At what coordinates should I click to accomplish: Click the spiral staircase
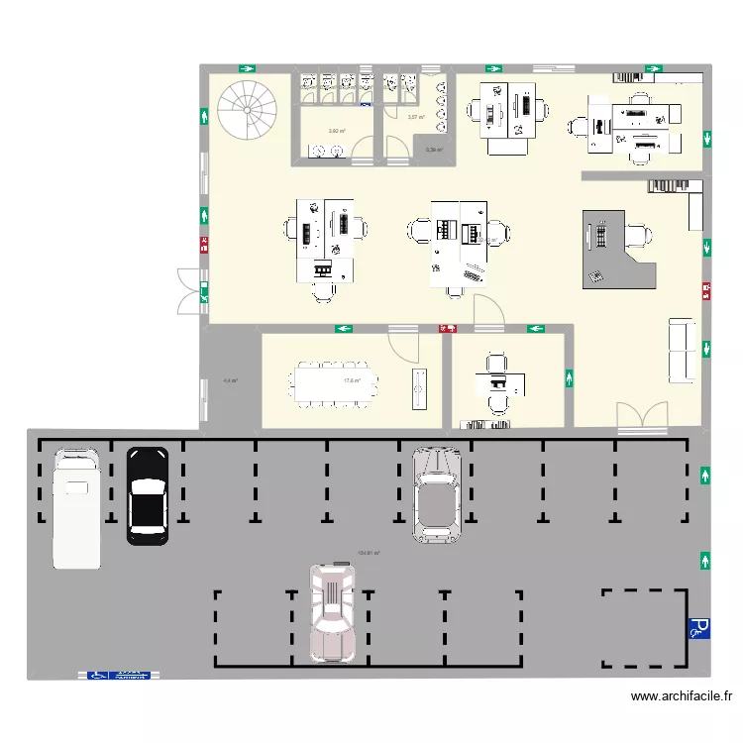(x=247, y=110)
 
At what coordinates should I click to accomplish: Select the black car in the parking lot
(x=148, y=495)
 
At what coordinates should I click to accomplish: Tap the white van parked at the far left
(x=76, y=508)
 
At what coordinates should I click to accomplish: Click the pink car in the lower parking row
(x=332, y=611)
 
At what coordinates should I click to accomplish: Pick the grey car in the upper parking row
(x=437, y=492)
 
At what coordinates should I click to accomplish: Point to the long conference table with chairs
(x=335, y=381)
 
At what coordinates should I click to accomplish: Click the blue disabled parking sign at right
(x=698, y=627)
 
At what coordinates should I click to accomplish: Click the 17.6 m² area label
(x=351, y=380)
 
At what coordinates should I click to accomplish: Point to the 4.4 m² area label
(x=230, y=380)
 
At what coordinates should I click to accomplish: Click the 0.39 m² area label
(x=433, y=151)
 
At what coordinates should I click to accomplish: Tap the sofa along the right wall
(x=682, y=350)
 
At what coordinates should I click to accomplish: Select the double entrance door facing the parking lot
(x=641, y=417)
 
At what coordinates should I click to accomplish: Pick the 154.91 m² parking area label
(x=369, y=554)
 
